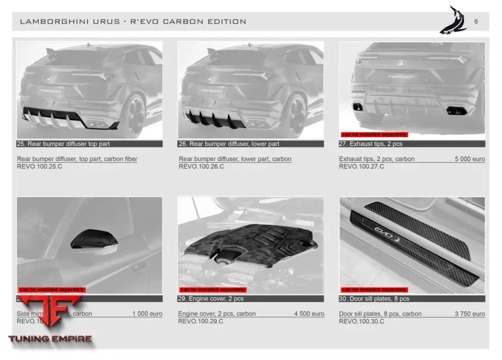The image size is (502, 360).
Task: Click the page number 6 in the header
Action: tap(476, 22)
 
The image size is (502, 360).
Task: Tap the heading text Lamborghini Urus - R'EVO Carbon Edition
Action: tap(133, 22)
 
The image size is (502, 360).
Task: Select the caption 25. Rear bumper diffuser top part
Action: tap(64, 144)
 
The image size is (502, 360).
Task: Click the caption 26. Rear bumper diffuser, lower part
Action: tap(229, 144)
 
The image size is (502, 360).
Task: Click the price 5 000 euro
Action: tap(470, 159)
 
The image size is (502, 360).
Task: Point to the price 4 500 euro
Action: tap(309, 314)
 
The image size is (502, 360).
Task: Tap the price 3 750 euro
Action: tap(470, 314)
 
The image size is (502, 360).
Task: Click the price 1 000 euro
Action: tap(147, 314)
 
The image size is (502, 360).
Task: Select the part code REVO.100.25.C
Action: tap(40, 167)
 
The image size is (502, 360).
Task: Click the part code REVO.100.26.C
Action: tap(201, 167)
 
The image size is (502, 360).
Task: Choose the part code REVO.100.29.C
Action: tap(201, 322)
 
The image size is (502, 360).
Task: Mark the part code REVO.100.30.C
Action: tap(361, 322)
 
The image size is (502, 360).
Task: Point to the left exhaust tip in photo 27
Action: tap(357, 106)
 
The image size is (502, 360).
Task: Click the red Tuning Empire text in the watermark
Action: tap(50, 338)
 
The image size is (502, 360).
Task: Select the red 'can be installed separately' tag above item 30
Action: tap(374, 290)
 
